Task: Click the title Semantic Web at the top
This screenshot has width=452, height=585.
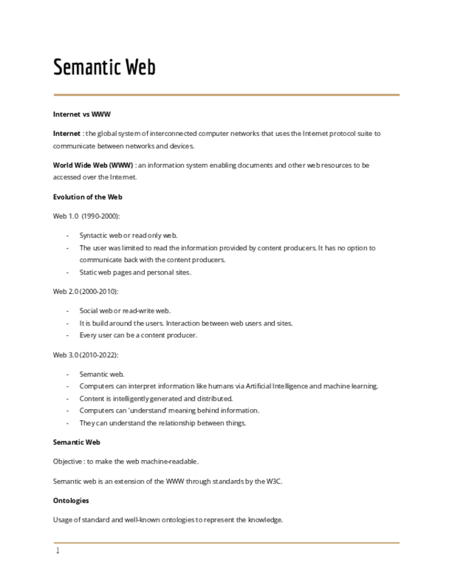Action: (x=105, y=68)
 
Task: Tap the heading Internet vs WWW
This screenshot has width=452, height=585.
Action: (x=81, y=114)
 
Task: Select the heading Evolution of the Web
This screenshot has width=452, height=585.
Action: (x=88, y=197)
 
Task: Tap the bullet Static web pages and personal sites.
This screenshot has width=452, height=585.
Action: (x=135, y=272)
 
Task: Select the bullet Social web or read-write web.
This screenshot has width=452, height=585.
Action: (x=125, y=310)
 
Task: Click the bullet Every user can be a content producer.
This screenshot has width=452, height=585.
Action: (x=138, y=335)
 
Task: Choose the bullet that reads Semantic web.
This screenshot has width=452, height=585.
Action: (x=102, y=374)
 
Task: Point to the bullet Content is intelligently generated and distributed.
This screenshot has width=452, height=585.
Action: (x=156, y=399)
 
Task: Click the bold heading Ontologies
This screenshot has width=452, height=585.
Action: (x=71, y=500)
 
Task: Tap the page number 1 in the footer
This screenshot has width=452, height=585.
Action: (x=58, y=551)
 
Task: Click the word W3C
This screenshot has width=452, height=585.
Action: (x=274, y=482)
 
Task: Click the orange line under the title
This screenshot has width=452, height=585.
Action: (x=226, y=95)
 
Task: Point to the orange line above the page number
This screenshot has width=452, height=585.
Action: (x=226, y=543)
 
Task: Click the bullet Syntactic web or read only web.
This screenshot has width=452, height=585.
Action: (x=128, y=235)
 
